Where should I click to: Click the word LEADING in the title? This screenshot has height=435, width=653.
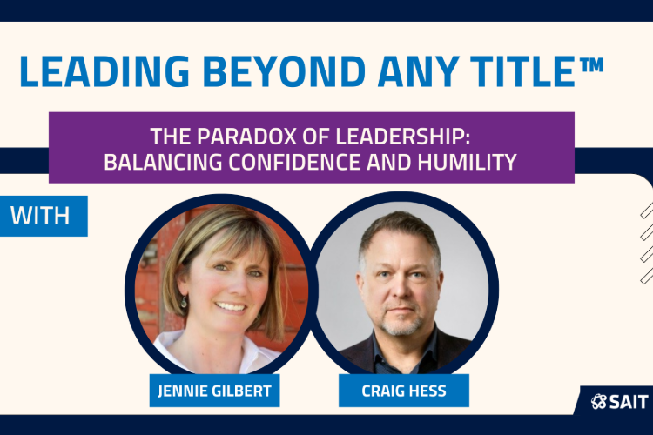coord(104,71)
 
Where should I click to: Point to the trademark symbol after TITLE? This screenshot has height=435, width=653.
coord(590,65)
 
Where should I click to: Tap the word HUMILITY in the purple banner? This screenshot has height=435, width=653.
coord(467,163)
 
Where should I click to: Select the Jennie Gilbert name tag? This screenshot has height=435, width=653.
coord(214,391)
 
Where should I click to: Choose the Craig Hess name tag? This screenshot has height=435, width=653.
coord(403,391)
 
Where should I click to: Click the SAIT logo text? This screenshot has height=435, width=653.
coord(629,402)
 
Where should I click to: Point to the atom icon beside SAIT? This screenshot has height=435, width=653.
coord(599,402)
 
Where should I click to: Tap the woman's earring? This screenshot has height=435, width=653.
coord(184,302)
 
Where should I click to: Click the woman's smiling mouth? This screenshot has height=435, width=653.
coord(231,307)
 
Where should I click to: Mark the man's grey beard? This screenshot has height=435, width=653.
coord(401,321)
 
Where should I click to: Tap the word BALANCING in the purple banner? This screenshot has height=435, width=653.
coord(163,163)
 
